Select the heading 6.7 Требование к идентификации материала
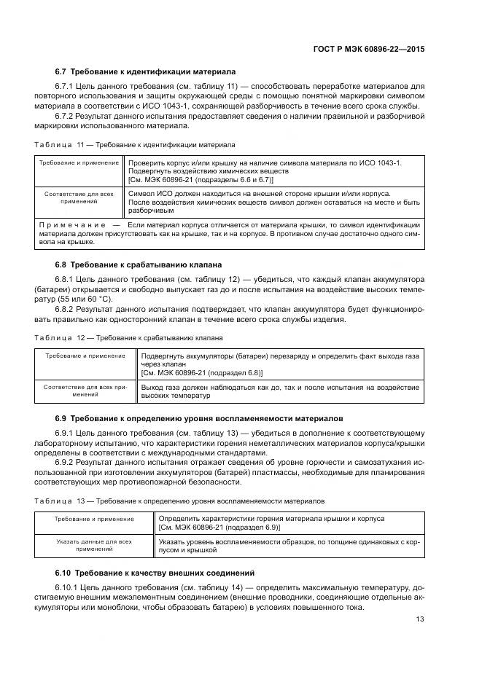coord(145,72)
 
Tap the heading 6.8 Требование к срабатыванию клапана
coord(139,264)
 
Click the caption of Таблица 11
coord(135,144)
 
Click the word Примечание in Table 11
coord(72,224)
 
